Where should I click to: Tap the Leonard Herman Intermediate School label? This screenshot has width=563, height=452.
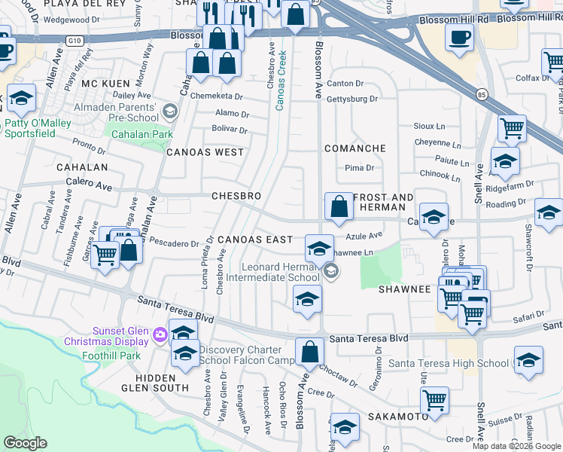pyautogui.click(x=281, y=272)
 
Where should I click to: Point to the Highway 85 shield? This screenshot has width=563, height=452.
pyautogui.click(x=481, y=94)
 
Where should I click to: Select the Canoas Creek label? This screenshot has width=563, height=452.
pyautogui.click(x=281, y=79)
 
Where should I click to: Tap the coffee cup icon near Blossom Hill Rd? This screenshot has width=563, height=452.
pyautogui.click(x=458, y=37)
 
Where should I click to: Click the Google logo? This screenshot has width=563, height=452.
pyautogui.click(x=25, y=443)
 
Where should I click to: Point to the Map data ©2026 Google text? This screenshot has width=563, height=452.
pyautogui.click(x=516, y=446)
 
